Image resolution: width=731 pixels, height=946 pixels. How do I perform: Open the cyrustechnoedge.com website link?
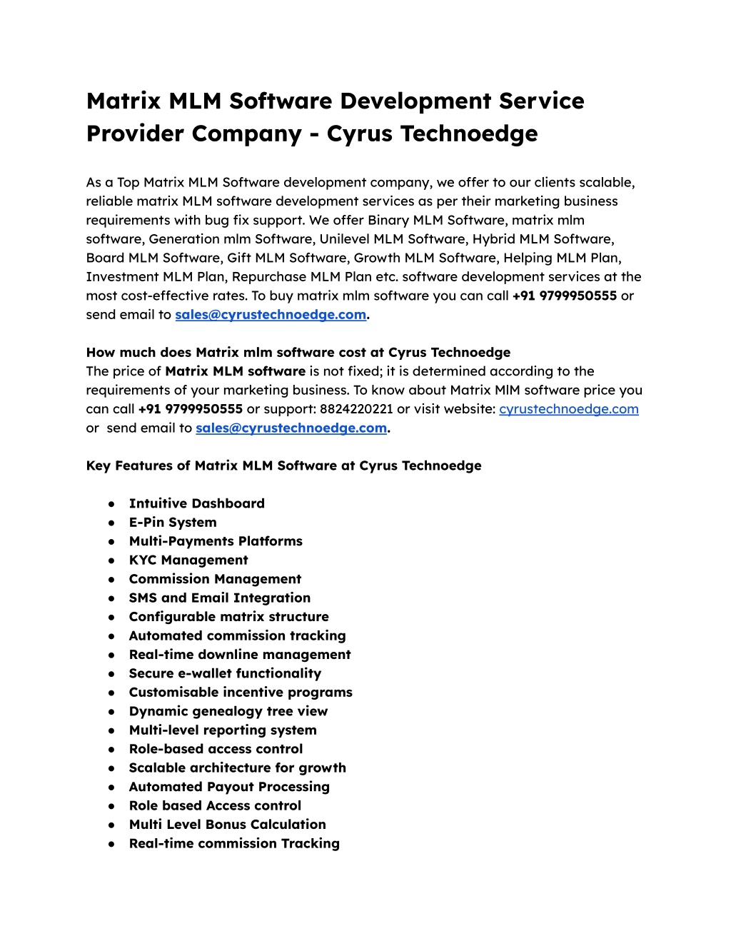(x=568, y=409)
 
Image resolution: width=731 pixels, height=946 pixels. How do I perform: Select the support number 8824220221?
(x=356, y=409)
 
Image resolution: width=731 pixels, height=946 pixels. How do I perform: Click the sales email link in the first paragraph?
(x=271, y=315)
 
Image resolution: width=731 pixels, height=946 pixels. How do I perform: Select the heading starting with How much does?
(x=298, y=352)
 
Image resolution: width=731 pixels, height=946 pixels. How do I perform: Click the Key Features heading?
(x=283, y=466)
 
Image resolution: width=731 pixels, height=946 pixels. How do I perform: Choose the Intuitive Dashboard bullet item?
(x=196, y=503)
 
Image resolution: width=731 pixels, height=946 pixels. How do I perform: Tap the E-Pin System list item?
(x=172, y=523)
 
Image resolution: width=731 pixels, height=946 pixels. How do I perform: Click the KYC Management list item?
(x=188, y=560)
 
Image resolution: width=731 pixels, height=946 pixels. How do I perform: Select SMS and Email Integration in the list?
(x=219, y=598)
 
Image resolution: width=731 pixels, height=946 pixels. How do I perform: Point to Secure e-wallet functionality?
(x=225, y=673)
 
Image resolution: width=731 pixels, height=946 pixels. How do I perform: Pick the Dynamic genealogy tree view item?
(x=228, y=711)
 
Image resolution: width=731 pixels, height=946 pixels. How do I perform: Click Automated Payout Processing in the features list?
(x=229, y=787)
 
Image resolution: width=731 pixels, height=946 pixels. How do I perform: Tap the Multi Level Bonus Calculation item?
(x=227, y=825)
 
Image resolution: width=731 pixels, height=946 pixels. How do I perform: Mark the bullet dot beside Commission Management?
(x=111, y=580)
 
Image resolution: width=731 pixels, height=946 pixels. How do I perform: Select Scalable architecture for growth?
(x=237, y=768)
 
